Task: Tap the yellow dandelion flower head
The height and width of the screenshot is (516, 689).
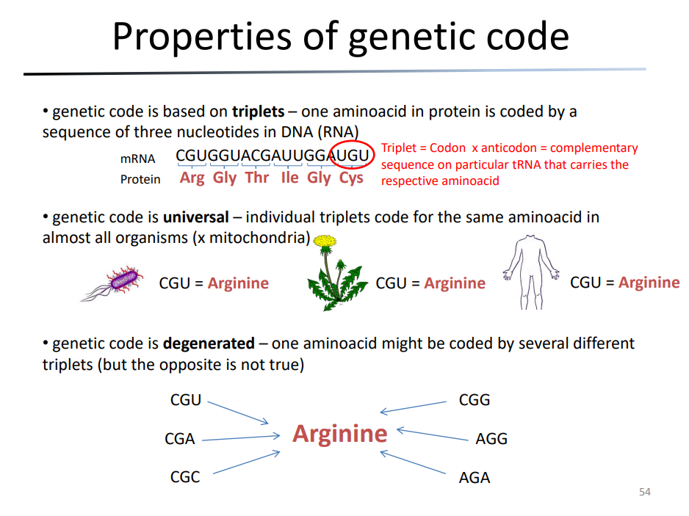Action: coord(325,241)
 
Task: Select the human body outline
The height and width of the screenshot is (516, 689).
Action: coord(531,272)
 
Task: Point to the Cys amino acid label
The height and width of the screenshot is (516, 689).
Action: coord(351,178)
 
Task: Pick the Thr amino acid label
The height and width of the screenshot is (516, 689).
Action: coord(257,178)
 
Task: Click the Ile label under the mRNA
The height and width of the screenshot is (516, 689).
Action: coord(290,178)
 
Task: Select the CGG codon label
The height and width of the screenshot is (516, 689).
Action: coord(474,400)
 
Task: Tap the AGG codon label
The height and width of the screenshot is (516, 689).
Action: coord(491,439)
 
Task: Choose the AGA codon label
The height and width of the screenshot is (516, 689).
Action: coord(474,477)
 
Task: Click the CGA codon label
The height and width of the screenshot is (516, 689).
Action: coord(180,439)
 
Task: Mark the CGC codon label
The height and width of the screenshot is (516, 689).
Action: coord(185,477)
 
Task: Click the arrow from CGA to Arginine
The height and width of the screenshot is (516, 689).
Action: coord(241,438)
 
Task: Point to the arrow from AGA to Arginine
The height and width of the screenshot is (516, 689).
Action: coord(413,462)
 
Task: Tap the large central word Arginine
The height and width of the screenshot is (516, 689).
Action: coord(339,435)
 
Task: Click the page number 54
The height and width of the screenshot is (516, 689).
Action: coord(645,492)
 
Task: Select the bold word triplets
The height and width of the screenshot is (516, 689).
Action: coord(259,112)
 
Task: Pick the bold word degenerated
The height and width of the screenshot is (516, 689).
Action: coord(209,344)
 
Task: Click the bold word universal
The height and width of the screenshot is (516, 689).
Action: coord(196,217)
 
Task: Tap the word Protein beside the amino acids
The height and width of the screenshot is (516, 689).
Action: coord(140,180)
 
